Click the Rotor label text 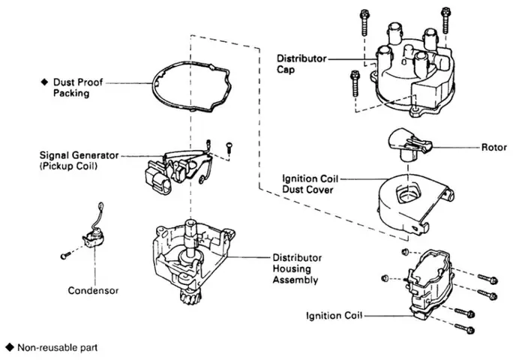[x=493, y=147]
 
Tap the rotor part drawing [x=409, y=145]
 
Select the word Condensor [x=93, y=290]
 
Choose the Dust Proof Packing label [x=78, y=88]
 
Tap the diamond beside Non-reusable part [x=10, y=347]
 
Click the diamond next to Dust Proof [x=44, y=82]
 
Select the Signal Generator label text [x=79, y=160]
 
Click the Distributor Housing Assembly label [x=297, y=268]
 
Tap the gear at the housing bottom [x=190, y=297]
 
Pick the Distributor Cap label [x=301, y=64]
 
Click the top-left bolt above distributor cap [x=364, y=22]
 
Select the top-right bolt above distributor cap [x=445, y=20]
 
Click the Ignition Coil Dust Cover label [x=310, y=184]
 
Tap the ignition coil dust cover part [x=415, y=205]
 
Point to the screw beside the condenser [x=66, y=254]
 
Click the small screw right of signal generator [x=229, y=146]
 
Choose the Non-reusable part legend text [x=57, y=347]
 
